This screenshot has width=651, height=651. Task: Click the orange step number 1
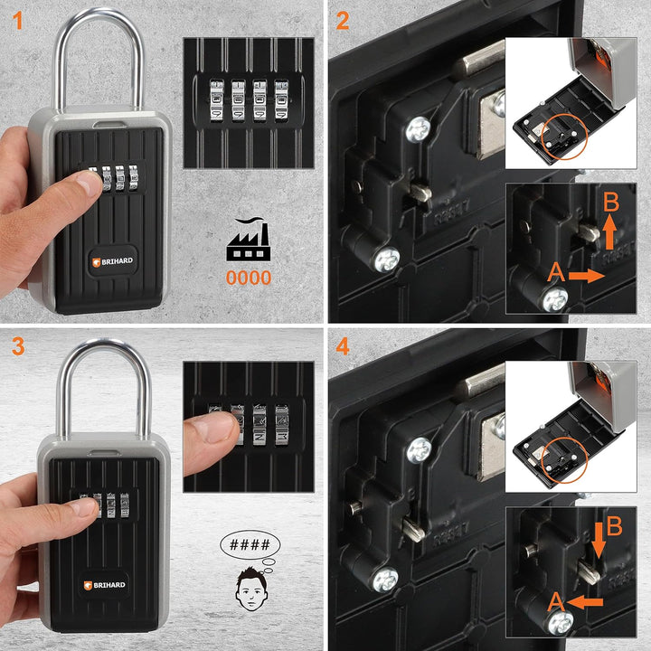tap(16, 19)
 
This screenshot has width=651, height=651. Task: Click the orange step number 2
tap(343, 19)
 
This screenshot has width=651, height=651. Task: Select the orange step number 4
tap(343, 346)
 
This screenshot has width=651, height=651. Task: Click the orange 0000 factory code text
tap(248, 278)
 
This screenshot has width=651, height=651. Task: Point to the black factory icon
tap(248, 241)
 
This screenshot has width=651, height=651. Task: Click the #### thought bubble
tap(250, 545)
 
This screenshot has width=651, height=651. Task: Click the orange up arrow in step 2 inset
tap(609, 232)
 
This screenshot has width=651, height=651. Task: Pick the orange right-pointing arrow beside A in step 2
tap(585, 274)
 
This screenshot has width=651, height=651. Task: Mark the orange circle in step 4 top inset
tap(561, 463)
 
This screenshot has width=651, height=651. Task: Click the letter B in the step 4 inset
tap(615, 526)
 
